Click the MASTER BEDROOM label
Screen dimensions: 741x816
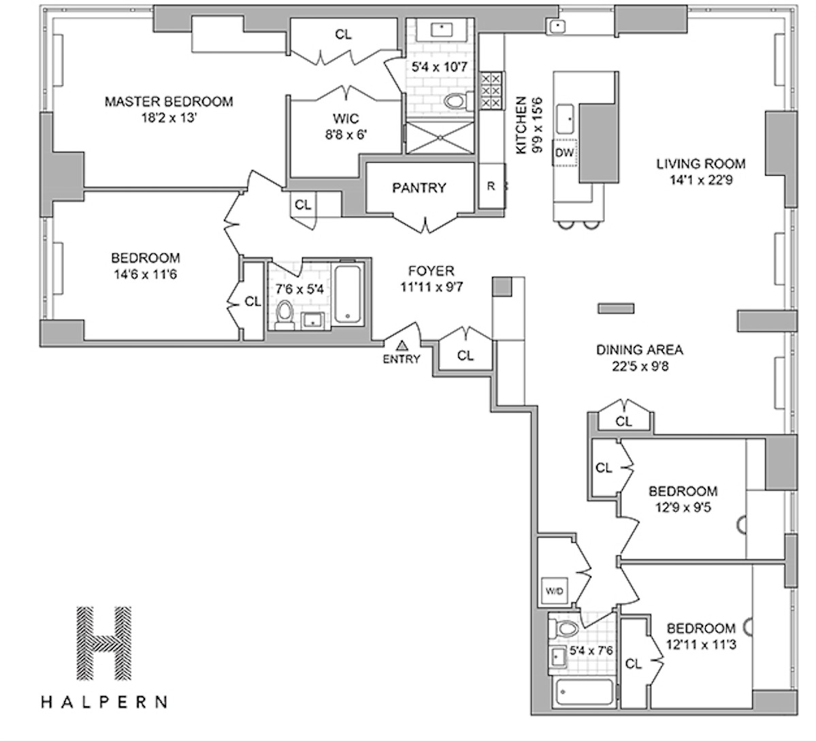tap(168, 101)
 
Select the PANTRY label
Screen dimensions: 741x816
tap(419, 188)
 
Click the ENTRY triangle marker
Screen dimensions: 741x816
tap(402, 345)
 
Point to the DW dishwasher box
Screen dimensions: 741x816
tap(565, 153)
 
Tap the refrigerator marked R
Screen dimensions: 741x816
tap(491, 185)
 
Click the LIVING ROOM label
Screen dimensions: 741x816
tap(700, 163)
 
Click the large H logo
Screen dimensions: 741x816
tap(103, 644)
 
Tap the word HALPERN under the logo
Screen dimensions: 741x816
tap(103, 701)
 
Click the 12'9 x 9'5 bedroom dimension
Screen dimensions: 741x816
tap(683, 507)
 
